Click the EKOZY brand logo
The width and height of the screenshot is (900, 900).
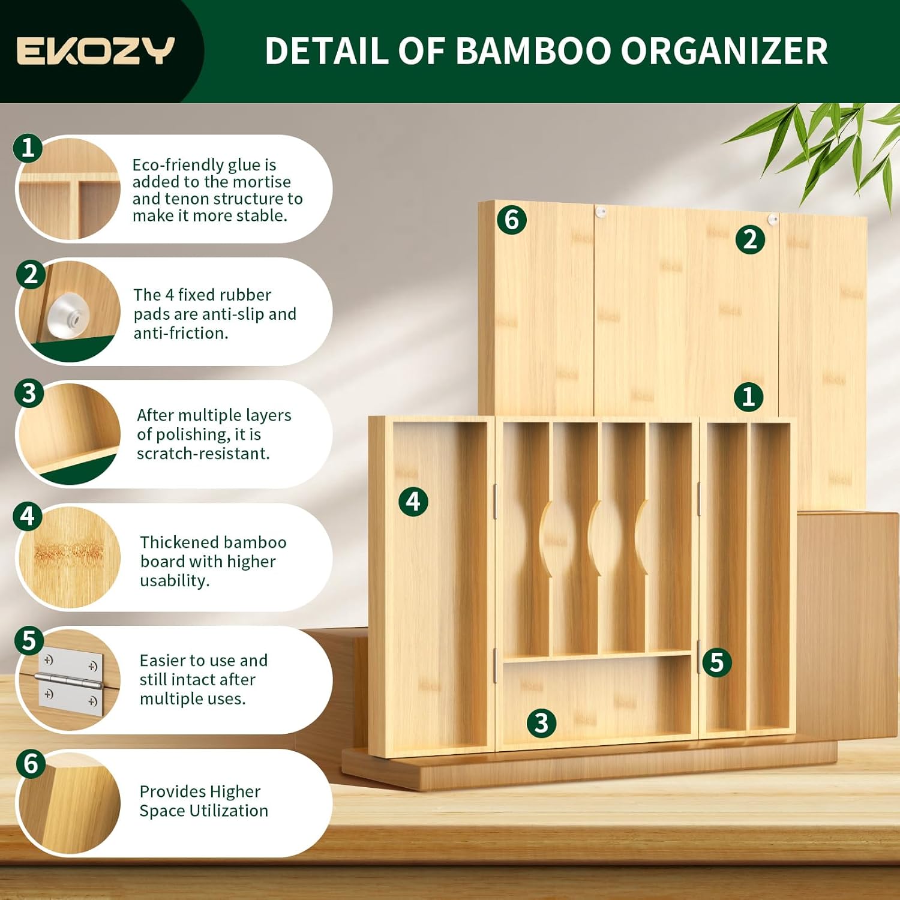point(95,51)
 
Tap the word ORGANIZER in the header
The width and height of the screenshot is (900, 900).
point(724,51)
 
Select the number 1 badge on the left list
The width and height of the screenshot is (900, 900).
point(28,148)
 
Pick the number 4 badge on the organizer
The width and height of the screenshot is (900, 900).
point(413,502)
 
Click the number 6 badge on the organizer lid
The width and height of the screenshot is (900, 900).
point(511,220)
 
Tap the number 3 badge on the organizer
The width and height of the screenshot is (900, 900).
point(541,723)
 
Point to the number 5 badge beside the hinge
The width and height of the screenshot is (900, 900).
point(716,662)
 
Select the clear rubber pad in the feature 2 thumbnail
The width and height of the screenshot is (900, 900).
point(68,314)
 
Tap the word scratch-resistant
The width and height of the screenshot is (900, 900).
point(203,454)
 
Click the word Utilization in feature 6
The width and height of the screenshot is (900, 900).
point(229,811)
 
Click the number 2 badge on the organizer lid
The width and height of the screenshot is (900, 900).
point(750,240)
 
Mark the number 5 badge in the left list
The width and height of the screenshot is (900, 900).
point(29,640)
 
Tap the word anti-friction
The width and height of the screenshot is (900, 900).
point(181,333)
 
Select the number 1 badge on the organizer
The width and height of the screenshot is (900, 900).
point(748,397)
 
